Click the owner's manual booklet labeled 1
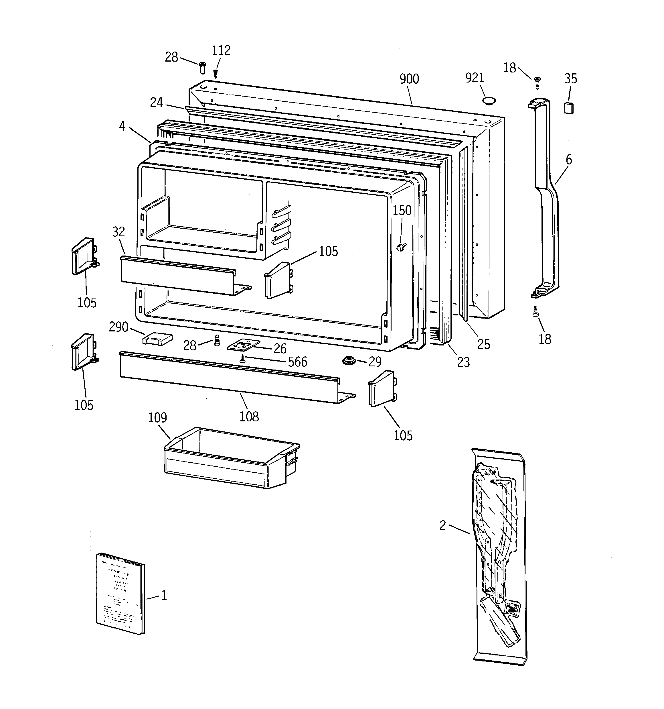pyautogui.click(x=120, y=594)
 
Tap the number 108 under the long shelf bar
pyautogui.click(x=249, y=416)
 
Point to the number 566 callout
pyautogui.click(x=297, y=362)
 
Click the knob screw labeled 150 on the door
pyautogui.click(x=401, y=247)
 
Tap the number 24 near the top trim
pyautogui.click(x=156, y=103)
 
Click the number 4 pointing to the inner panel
pyautogui.click(x=122, y=126)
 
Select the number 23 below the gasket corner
pyautogui.click(x=463, y=362)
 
